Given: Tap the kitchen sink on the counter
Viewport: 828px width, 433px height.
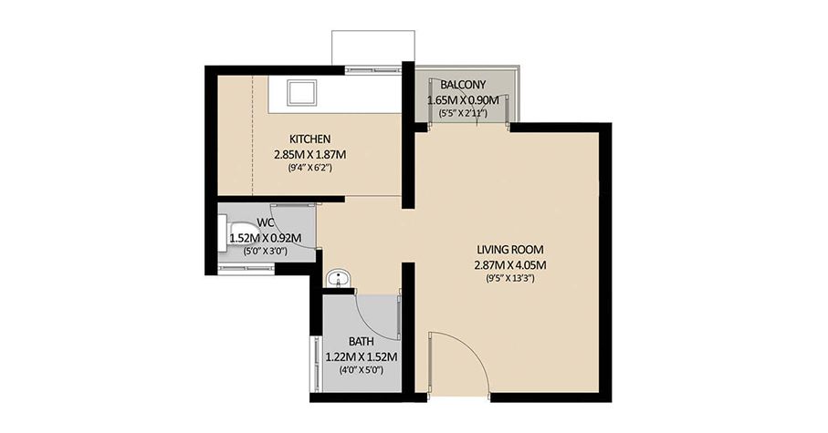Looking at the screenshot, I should [x=300, y=92].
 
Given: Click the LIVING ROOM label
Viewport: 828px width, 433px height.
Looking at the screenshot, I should [x=510, y=249].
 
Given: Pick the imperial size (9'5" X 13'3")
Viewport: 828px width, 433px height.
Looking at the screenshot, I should [x=509, y=278].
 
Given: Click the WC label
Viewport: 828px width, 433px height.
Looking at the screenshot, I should [x=265, y=222].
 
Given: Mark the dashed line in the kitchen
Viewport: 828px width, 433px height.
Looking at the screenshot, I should [x=252, y=137].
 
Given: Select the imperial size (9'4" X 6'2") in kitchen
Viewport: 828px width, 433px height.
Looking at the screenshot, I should [x=310, y=168].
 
